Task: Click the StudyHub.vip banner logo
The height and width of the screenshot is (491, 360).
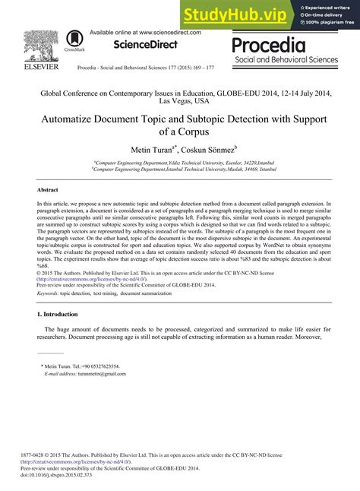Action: click(x=235, y=14)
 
